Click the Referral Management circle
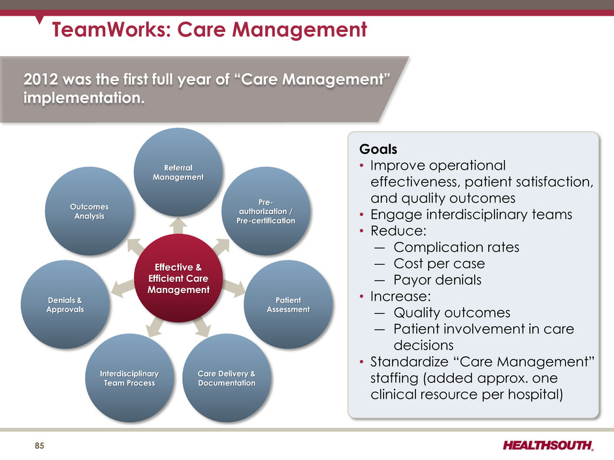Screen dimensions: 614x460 pos(178,172)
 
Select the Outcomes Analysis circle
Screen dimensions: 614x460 pos(89,211)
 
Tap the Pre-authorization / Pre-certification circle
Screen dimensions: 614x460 pos(266,211)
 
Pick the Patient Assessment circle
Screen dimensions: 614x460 pos(288,304)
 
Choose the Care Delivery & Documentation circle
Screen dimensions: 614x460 pos(227,378)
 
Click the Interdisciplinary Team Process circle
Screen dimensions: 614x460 pos(129,378)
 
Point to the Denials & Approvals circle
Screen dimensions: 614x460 pos(65,304)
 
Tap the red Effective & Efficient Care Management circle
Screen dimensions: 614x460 pos(178,278)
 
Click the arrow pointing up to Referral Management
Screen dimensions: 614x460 pos(178,226)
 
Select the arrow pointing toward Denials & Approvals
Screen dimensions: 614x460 pos(123,288)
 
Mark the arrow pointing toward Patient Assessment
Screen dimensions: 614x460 pos(234,288)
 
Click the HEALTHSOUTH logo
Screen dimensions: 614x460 pos(548,445)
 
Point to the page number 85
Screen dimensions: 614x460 pos(40,446)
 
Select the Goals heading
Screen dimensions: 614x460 pos(378,149)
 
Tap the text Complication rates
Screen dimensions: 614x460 pos(457,247)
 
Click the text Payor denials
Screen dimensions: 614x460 pos(438,280)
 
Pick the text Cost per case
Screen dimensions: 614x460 pos(440,264)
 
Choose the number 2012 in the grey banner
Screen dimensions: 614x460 pos(40,80)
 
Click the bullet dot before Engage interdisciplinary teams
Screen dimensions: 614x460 pos(362,215)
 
